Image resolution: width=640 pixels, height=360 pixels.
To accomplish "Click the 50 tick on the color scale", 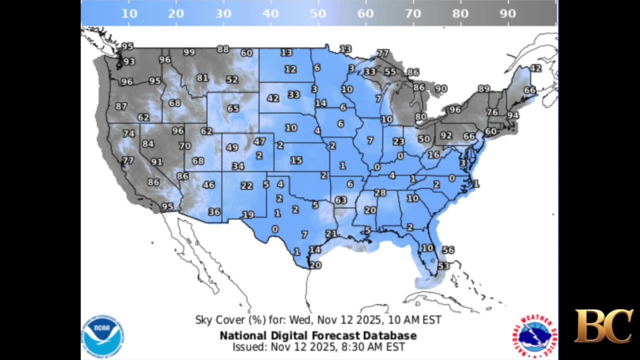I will (x=318, y=13).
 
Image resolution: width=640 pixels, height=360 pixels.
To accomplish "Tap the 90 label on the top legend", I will (x=507, y=13).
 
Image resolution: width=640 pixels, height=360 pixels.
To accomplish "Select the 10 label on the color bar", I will (x=129, y=13).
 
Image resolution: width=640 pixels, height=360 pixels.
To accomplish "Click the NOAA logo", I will (x=103, y=335).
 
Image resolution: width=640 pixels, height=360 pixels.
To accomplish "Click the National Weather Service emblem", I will (x=534, y=335).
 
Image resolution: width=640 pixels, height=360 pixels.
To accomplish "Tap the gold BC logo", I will (x=603, y=326).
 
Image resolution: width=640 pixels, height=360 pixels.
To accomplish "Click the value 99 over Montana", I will (x=189, y=52).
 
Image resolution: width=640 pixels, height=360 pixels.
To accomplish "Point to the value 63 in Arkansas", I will (x=341, y=200).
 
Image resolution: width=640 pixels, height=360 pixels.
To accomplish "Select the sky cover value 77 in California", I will (x=128, y=160).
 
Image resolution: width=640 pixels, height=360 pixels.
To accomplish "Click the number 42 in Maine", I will (x=535, y=68).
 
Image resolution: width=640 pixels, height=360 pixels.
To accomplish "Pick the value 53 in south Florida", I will (x=443, y=266).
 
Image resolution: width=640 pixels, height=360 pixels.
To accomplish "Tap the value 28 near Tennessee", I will (x=380, y=192).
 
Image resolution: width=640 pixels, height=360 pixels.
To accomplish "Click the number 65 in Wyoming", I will (x=233, y=108).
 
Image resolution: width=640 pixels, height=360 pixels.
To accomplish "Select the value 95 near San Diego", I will (x=167, y=206).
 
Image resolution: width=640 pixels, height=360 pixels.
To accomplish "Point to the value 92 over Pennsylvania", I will (x=446, y=135).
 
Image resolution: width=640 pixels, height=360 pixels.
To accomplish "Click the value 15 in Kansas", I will (x=296, y=160).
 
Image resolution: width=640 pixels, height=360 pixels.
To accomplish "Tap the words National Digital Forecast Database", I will (x=318, y=335).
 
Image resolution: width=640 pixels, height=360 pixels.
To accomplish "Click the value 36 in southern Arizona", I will (x=214, y=211).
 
